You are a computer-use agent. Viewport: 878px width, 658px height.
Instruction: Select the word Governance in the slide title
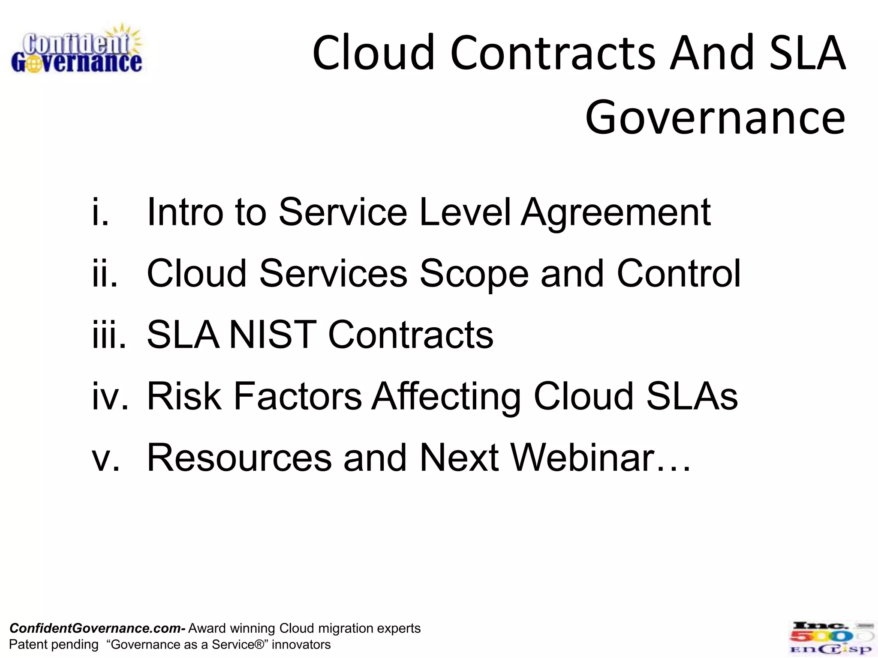tap(715, 117)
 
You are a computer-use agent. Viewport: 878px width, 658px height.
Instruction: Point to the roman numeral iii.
tap(109, 335)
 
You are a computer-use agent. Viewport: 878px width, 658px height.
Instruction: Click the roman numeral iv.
tap(110, 396)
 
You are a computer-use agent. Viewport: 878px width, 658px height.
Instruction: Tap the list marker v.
tap(105, 458)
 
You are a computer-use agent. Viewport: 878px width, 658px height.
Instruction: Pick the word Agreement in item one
tap(616, 213)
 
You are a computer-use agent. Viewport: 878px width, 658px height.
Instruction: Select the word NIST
tap(273, 335)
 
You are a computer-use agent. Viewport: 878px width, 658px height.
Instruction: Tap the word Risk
tap(184, 396)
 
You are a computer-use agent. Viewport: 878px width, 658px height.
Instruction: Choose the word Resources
tap(239, 458)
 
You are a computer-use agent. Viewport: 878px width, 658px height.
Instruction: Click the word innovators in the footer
tap(301, 644)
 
